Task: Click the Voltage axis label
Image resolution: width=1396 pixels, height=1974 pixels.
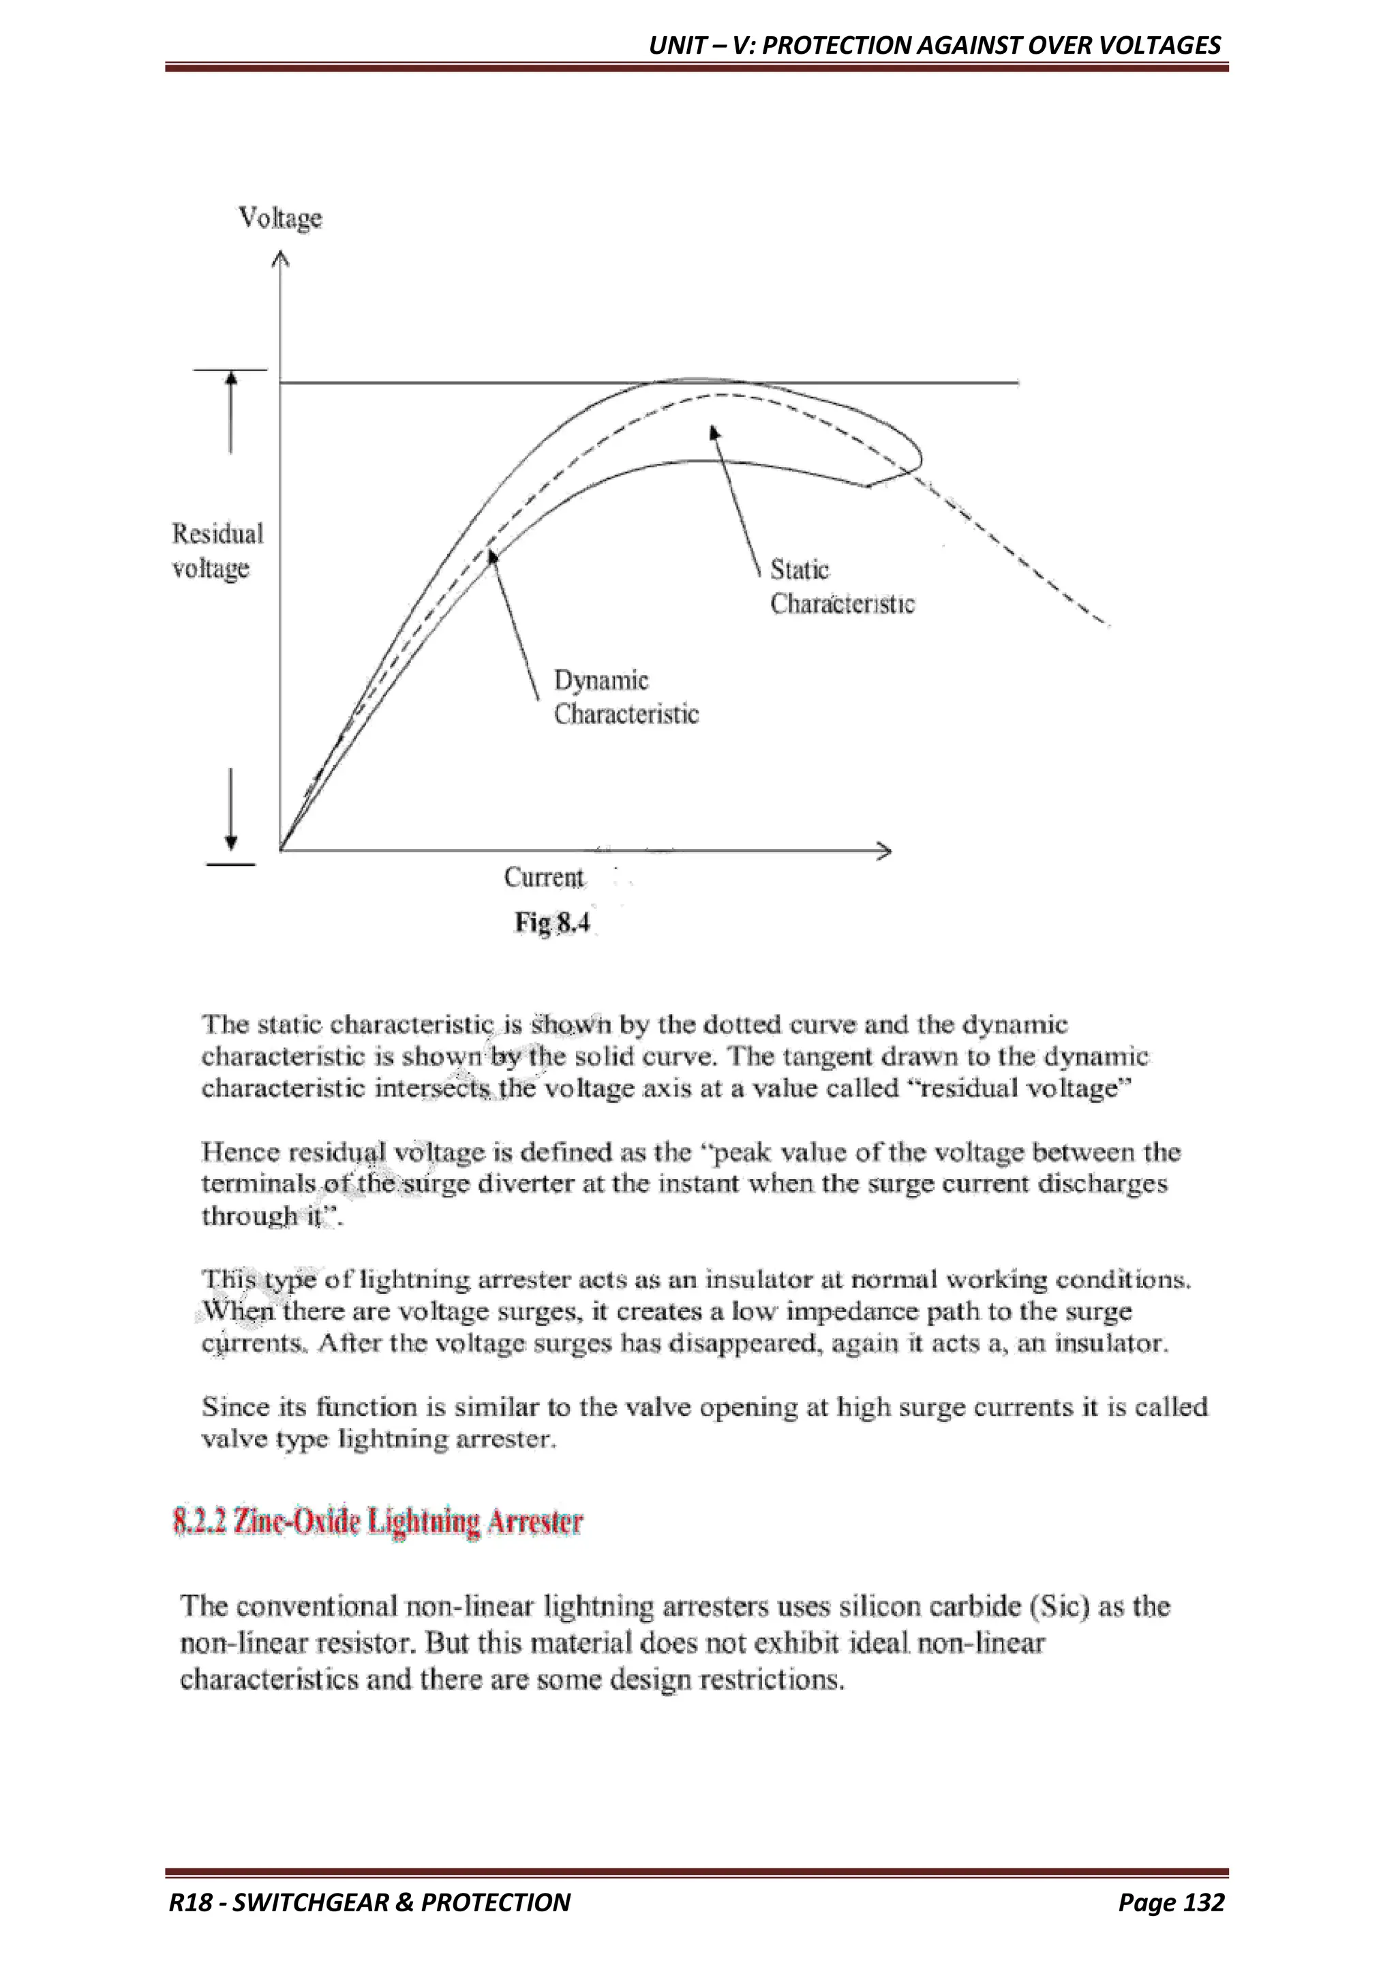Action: (280, 218)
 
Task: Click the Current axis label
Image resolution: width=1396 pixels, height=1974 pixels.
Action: (543, 877)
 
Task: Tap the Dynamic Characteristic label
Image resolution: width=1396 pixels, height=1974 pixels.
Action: (626, 698)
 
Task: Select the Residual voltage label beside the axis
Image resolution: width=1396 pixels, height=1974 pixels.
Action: (217, 551)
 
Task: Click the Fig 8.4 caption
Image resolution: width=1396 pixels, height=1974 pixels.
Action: (552, 923)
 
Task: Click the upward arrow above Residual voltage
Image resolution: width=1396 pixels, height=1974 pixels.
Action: (230, 413)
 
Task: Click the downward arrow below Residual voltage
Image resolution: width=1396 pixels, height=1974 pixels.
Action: (230, 808)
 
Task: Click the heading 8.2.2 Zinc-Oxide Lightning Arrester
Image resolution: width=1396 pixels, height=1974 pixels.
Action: (378, 1522)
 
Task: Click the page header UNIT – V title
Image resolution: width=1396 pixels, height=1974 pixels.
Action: (935, 45)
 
